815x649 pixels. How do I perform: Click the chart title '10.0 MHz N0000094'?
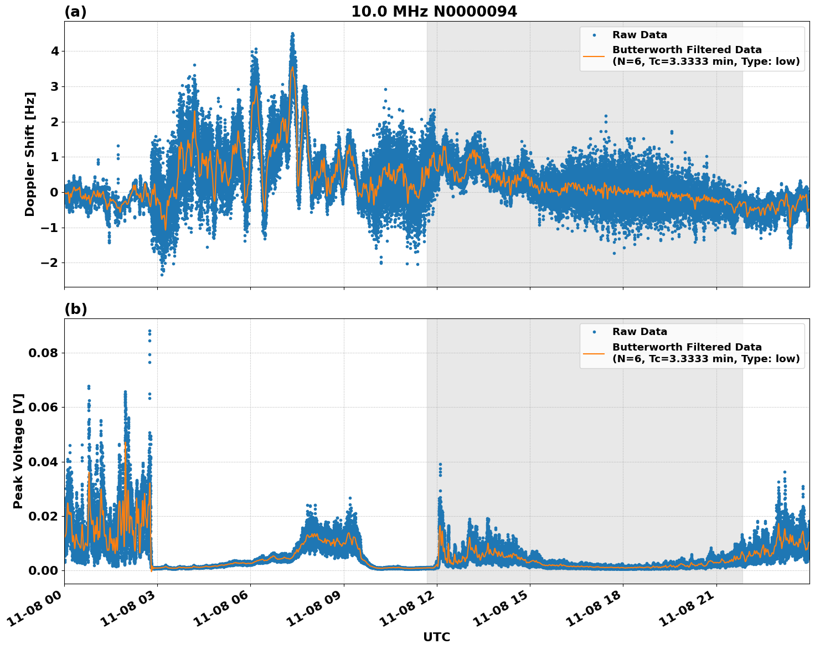coord(434,12)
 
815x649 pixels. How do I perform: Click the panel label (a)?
coord(75,12)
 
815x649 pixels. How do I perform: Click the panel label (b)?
coord(75,309)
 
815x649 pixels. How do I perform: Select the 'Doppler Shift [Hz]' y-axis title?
coord(30,154)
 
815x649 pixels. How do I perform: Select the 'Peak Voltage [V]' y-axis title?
coord(18,451)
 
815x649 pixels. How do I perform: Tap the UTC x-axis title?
coord(436,637)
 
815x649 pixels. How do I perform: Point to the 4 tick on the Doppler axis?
coord(55,51)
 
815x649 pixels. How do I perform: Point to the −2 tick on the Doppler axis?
coord(50,262)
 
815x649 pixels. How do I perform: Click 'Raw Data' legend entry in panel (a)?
coord(639,35)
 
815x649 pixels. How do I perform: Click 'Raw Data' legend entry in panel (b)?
coord(639,332)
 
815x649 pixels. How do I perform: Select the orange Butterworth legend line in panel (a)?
coord(594,56)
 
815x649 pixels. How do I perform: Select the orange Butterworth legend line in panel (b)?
coord(594,353)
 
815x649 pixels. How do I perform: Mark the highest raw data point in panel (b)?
coord(149,331)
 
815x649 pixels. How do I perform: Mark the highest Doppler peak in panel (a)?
coord(293,34)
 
